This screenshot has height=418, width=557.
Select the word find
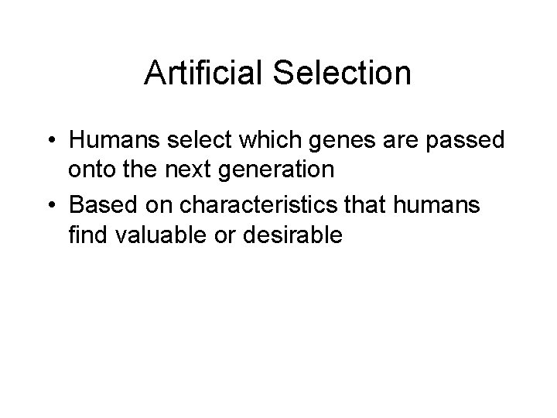pyautogui.click(x=89, y=235)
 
